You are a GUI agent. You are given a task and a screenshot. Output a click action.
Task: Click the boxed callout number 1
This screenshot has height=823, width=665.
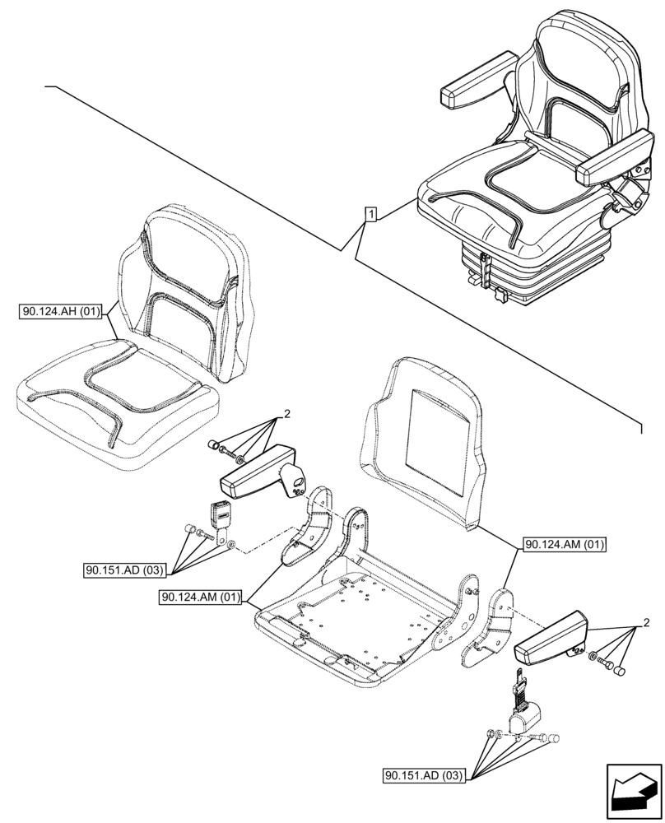371,215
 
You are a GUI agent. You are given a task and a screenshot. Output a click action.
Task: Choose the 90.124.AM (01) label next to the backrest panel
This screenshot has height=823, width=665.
564,545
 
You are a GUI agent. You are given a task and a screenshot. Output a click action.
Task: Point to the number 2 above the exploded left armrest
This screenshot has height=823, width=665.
286,415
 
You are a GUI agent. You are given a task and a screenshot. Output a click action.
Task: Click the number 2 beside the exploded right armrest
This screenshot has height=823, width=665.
646,621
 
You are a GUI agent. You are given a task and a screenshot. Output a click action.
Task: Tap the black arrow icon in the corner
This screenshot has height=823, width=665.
632,792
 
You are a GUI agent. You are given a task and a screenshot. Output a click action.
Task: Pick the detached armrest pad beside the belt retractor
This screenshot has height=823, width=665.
550,642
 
